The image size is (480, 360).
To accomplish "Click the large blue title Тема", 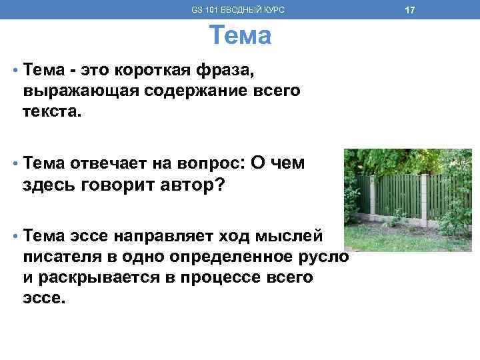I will [x=240, y=35].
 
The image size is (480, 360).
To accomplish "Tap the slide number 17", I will [x=410, y=10].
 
